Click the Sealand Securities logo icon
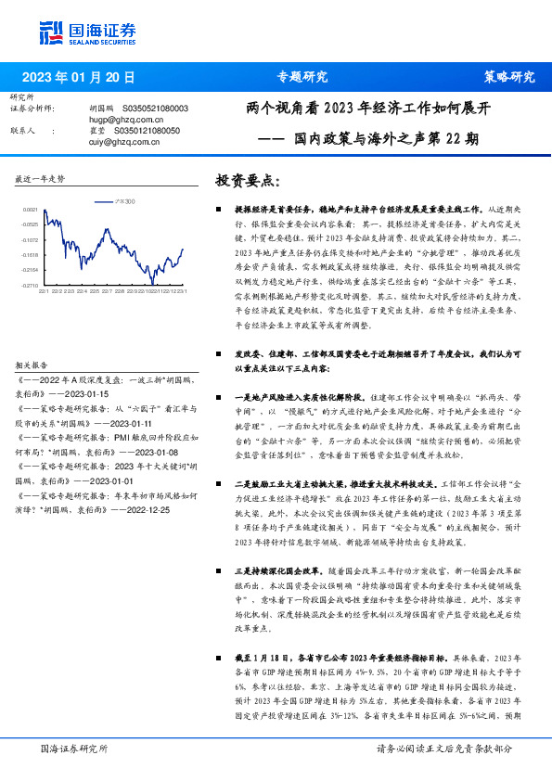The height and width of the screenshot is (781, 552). pos(51,32)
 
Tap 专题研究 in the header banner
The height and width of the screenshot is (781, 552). pos(303,77)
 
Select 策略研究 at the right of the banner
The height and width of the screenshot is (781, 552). pos(509,77)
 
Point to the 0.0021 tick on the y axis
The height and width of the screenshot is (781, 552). pos(31,211)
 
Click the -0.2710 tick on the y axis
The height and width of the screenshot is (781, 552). pos(31,284)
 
